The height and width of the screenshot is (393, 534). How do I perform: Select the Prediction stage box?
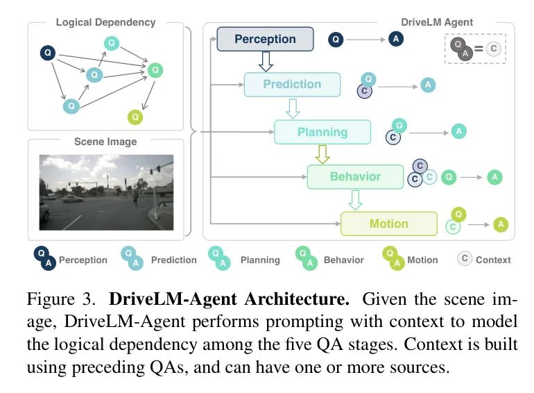[x=292, y=85]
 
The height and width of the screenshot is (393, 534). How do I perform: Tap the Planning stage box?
[x=322, y=131]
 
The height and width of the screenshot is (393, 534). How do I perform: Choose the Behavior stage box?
[x=355, y=176]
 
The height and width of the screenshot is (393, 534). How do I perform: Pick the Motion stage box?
[x=388, y=224]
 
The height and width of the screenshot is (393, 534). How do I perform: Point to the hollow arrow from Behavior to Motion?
[x=356, y=200]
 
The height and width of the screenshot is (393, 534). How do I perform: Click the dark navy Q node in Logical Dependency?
[x=48, y=52]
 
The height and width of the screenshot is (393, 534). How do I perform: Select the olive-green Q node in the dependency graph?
[x=136, y=117]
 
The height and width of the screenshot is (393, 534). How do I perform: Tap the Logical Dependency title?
[x=105, y=22]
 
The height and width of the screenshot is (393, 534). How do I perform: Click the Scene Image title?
[x=105, y=142]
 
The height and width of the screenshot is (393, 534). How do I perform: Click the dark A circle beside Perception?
[x=396, y=39]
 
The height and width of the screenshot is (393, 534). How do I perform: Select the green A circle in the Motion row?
[x=501, y=224]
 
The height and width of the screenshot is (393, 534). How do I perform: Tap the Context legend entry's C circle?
[x=465, y=259]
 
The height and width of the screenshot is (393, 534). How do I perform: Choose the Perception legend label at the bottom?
[x=83, y=260]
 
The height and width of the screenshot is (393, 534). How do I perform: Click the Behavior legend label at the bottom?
[x=343, y=260]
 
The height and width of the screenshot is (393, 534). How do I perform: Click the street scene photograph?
[x=105, y=192]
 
